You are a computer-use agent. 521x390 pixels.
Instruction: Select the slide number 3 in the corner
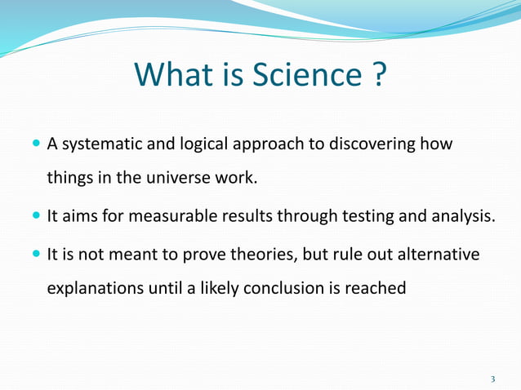coord(492,379)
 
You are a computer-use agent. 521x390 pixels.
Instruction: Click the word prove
coord(215,254)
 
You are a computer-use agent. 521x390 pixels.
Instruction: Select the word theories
coord(269,254)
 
